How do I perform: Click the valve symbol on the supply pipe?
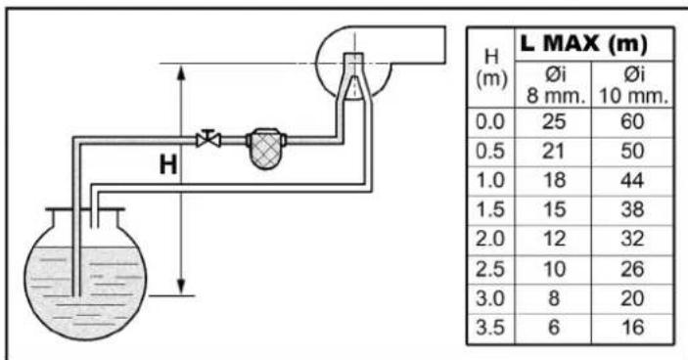[x=208, y=140]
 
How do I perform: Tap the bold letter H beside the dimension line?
[x=168, y=165]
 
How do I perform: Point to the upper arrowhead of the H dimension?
[x=181, y=72]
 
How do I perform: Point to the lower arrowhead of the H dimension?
[x=181, y=287]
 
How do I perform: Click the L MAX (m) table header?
[x=583, y=43]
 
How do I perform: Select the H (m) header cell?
[x=491, y=67]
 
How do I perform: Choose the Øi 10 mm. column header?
[x=633, y=86]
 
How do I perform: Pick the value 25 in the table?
[x=554, y=121]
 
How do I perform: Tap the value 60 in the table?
[x=632, y=121]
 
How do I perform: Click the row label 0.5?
[x=490, y=152]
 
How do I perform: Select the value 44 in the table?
[x=632, y=180]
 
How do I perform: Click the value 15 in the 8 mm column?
[x=554, y=209]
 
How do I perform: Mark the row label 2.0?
[x=490, y=239]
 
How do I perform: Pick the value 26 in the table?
[x=632, y=269]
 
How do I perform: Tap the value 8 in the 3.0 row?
[x=554, y=298]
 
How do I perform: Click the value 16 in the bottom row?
[x=632, y=328]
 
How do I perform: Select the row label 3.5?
[x=490, y=328]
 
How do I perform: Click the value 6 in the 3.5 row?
[x=554, y=328]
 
